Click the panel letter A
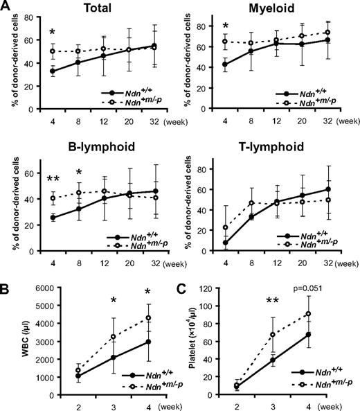[x=7, y=7]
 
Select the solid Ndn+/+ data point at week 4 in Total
[x=53, y=71]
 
